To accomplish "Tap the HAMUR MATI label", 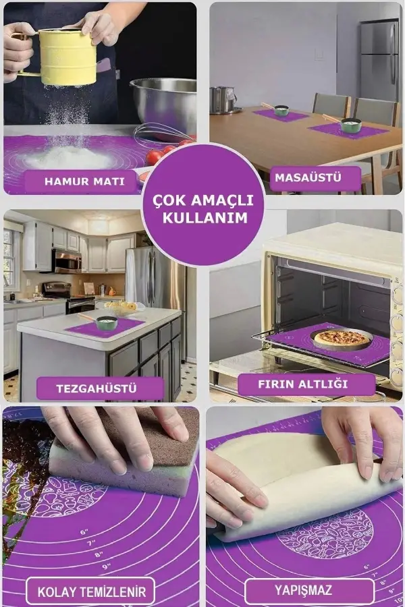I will pos(84,181).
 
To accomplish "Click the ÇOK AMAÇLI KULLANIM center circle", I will pos(202,208).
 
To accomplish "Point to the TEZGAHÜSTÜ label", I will pos(100,388).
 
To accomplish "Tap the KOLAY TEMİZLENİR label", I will pos(91,593).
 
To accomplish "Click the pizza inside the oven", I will pos(343,337).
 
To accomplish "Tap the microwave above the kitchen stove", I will pos(67,260).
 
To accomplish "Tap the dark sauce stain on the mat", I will pos(24,465).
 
